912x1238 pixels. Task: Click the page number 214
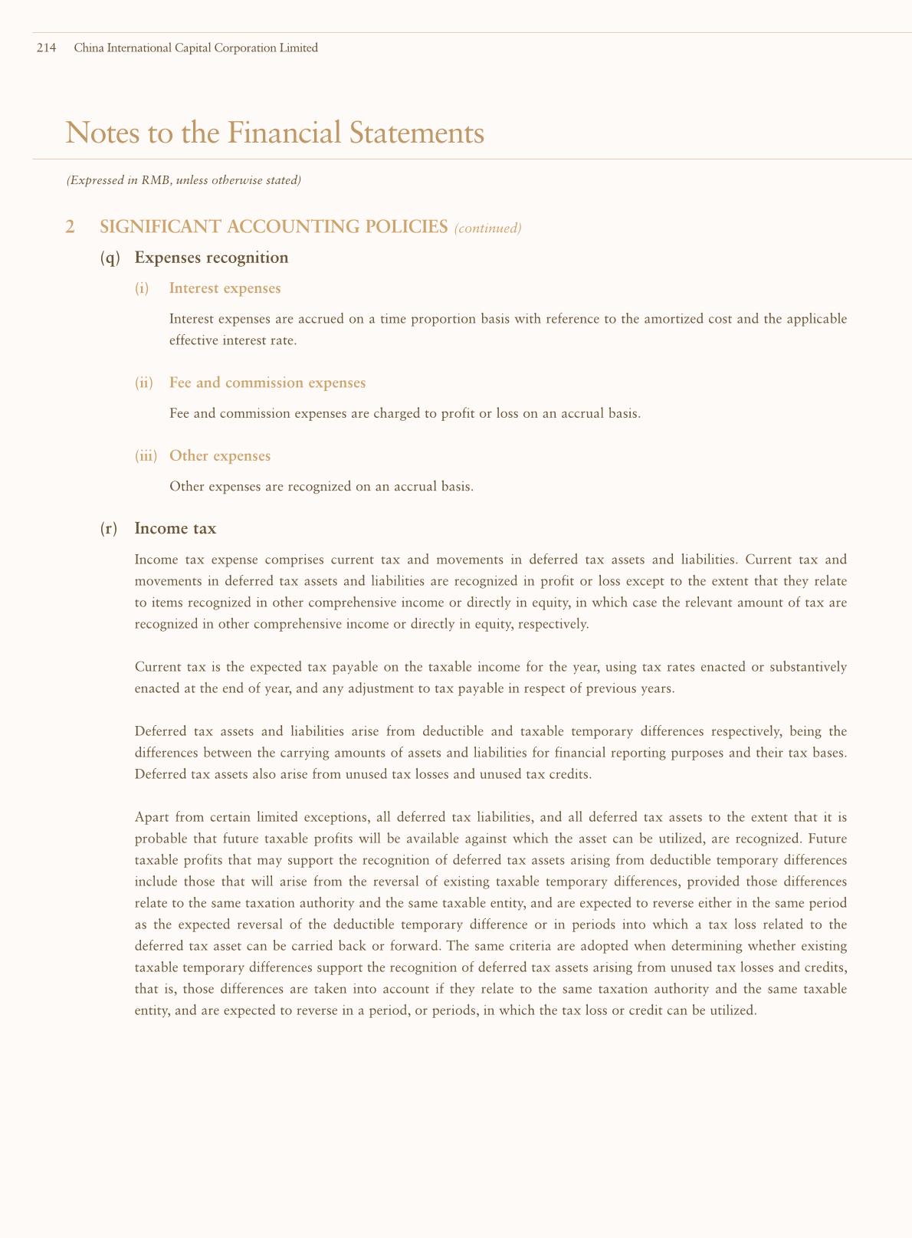coord(47,48)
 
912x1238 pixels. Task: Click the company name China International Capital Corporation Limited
coord(195,48)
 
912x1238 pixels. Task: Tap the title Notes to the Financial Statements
coord(275,133)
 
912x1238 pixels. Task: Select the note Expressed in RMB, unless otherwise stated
coord(184,181)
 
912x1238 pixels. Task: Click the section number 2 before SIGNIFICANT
coord(71,227)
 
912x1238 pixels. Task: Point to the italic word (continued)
coord(487,228)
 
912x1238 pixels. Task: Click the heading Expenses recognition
coord(211,258)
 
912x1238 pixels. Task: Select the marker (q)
coord(110,258)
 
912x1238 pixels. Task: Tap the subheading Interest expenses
coord(225,288)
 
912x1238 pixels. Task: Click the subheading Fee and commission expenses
coord(267,382)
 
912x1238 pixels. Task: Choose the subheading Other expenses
coord(220,455)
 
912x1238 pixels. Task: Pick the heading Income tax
coord(175,528)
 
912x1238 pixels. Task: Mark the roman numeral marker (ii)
coord(144,383)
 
